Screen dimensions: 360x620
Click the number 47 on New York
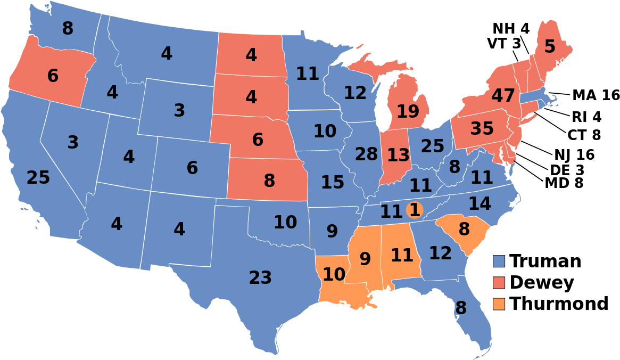tap(503, 96)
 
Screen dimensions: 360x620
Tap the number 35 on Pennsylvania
tap(482, 129)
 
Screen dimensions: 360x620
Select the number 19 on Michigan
tap(408, 112)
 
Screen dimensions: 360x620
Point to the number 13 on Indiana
tap(398, 156)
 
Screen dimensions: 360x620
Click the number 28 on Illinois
tap(366, 154)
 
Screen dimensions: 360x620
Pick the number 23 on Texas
tap(260, 278)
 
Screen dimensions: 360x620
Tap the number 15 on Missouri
tap(333, 183)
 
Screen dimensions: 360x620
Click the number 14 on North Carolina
tap(480, 204)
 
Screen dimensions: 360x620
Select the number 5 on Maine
tap(550, 47)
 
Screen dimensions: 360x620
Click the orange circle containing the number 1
tap(415, 210)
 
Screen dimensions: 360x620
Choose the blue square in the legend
tap(499, 261)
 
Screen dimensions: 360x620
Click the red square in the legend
tap(499, 282)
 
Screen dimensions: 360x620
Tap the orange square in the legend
tap(499, 304)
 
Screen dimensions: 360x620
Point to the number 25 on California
tap(38, 178)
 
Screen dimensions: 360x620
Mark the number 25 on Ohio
tap(432, 146)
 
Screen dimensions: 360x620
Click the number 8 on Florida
tap(461, 308)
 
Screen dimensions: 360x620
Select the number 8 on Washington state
tap(68, 29)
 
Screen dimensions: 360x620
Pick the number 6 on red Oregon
tap(53, 76)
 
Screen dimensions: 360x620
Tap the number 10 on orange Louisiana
tap(334, 275)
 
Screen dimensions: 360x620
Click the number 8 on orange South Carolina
tap(464, 230)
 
